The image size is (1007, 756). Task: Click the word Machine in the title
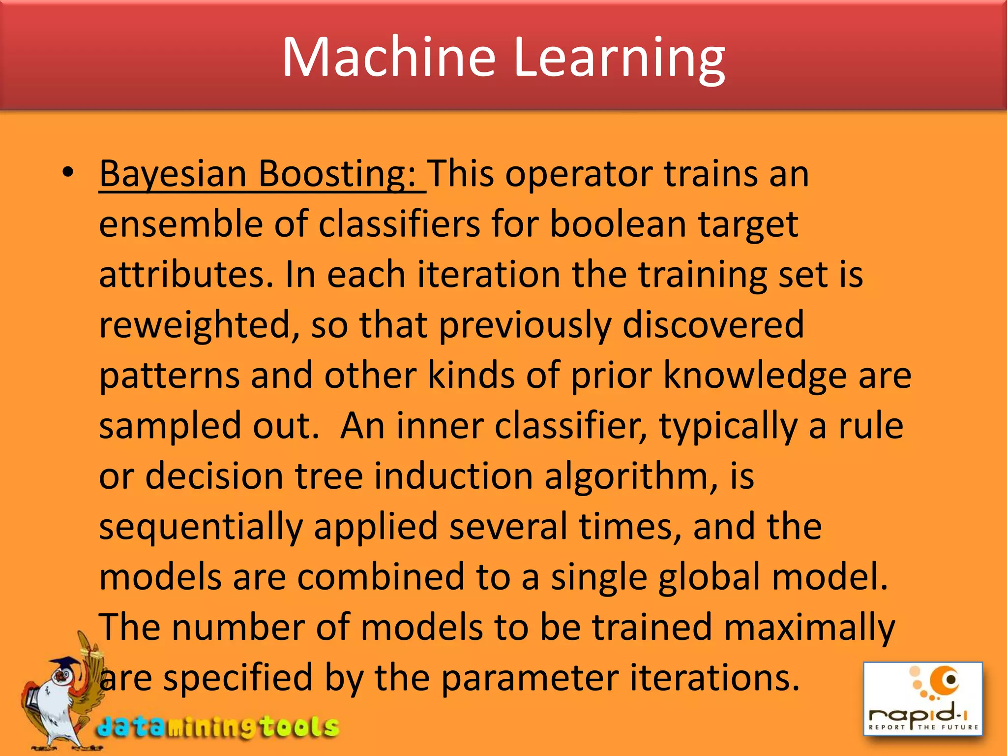click(x=388, y=58)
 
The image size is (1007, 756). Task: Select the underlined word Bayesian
click(x=173, y=175)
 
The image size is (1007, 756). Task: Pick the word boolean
click(x=618, y=224)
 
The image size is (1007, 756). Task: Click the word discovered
click(x=713, y=325)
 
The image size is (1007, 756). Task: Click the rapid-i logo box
click(x=923, y=698)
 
